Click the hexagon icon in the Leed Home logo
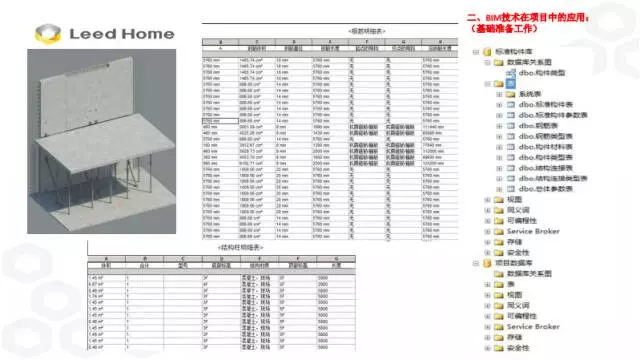(46, 36)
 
